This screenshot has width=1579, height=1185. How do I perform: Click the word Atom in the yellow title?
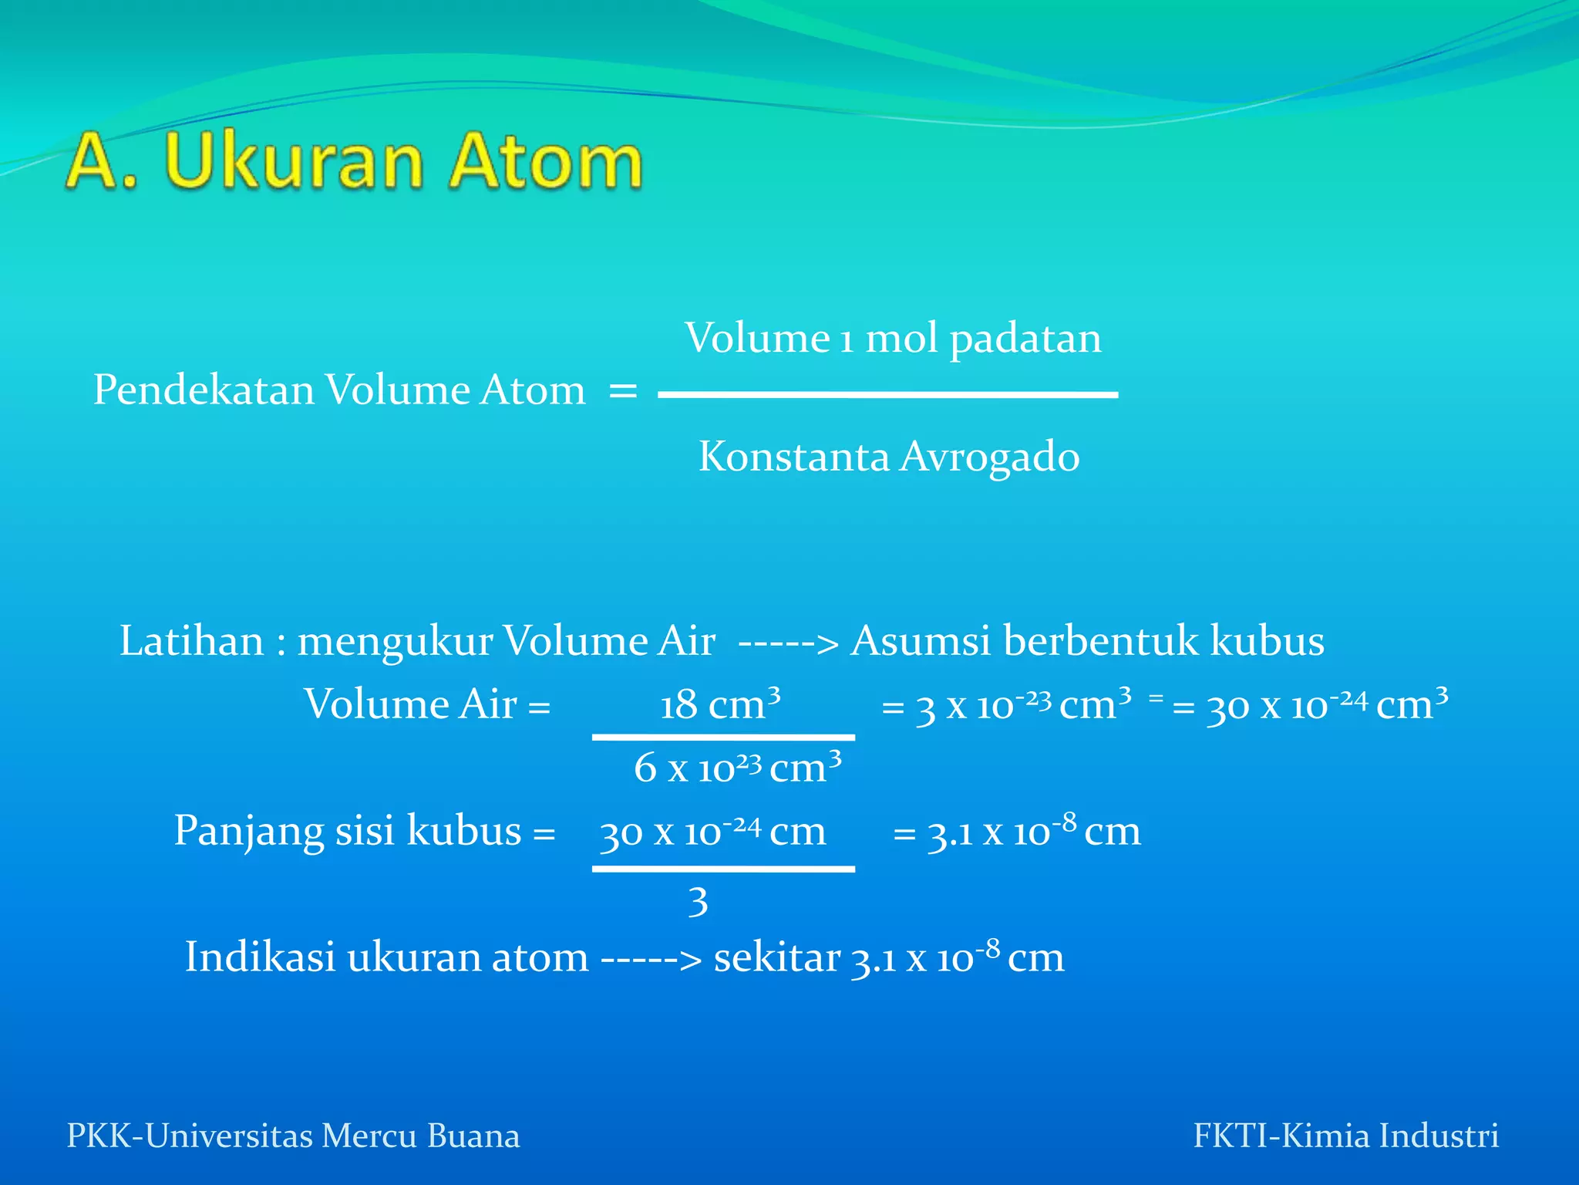click(545, 161)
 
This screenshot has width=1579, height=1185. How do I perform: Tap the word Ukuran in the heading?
click(294, 161)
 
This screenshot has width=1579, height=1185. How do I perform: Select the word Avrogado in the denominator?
click(990, 456)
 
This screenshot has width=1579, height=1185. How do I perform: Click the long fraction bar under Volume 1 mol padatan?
click(887, 395)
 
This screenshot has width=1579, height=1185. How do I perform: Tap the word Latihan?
click(191, 641)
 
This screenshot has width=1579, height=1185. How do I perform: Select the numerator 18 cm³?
click(720, 704)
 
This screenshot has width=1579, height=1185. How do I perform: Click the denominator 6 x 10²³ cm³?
click(737, 768)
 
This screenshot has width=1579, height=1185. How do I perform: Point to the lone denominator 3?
click(698, 901)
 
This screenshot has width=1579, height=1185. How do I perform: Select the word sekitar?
click(776, 957)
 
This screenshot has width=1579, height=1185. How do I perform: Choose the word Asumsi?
click(920, 641)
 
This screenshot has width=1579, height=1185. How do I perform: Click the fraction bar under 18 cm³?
click(723, 738)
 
